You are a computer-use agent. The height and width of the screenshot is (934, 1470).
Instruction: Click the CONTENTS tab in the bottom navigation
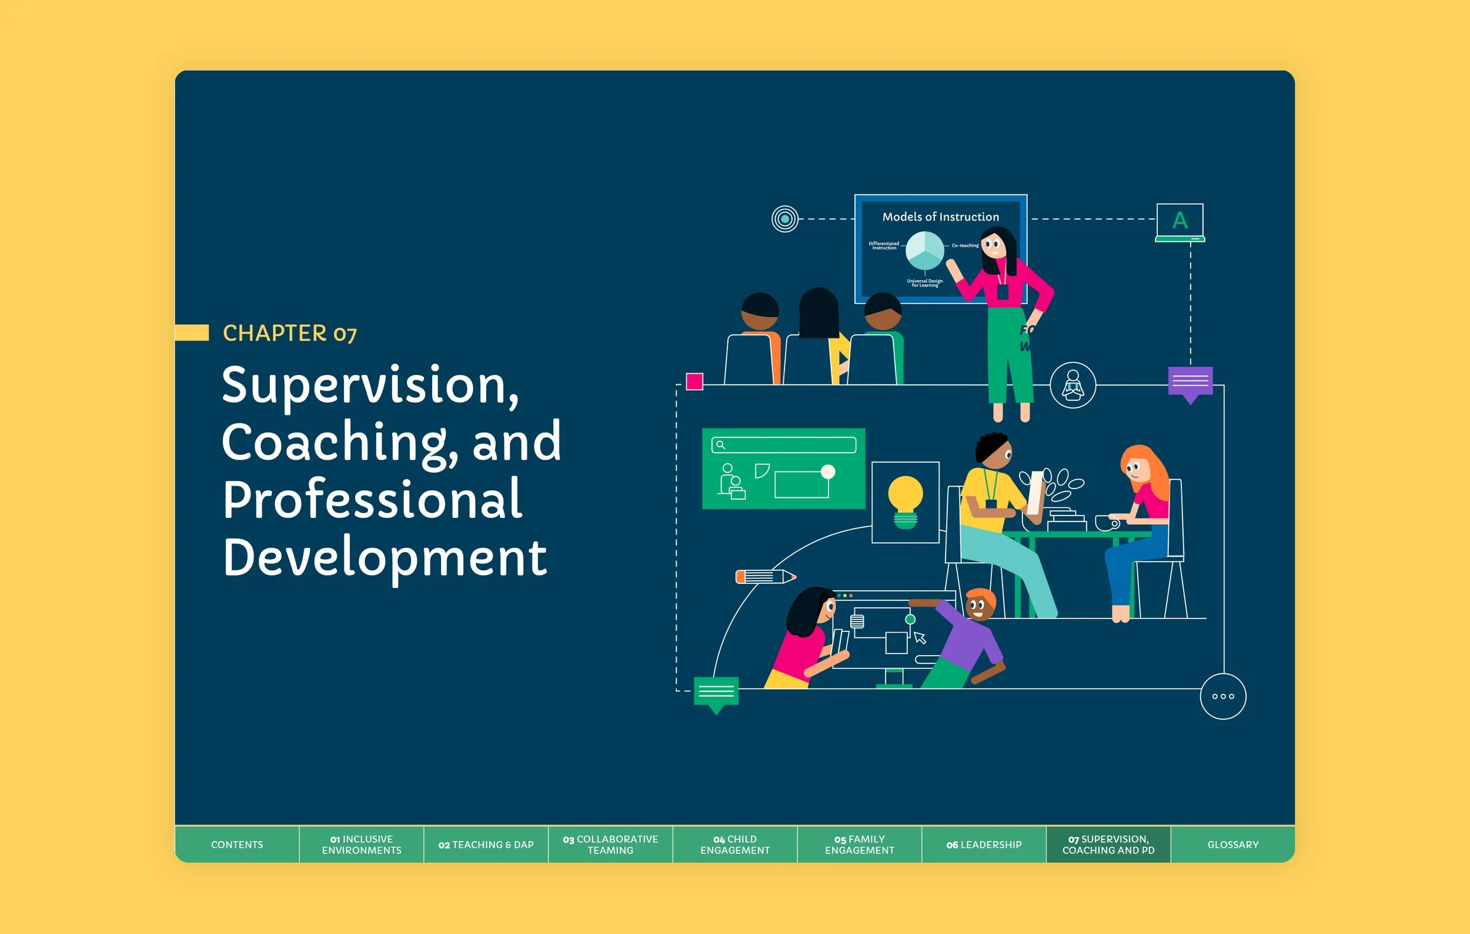pos(237,844)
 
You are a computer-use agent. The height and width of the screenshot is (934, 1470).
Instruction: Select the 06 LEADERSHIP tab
pos(984,844)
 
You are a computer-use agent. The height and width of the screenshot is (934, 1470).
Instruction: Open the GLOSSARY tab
pos(1232,844)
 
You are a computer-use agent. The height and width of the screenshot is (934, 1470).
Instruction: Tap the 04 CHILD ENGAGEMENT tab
pos(734,844)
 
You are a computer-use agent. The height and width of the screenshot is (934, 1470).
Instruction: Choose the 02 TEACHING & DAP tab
pos(486,844)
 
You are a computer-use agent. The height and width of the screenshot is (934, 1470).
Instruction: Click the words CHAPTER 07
pos(289,334)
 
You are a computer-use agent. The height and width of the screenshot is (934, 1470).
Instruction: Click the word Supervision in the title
pos(370,385)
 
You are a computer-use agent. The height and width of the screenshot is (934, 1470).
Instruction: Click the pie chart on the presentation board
pos(924,251)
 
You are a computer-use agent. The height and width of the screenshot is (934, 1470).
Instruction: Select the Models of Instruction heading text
pos(940,217)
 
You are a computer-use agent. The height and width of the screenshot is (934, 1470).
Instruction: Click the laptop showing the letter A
pos(1180,222)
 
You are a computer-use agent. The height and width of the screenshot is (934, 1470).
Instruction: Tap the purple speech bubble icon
pos(1190,383)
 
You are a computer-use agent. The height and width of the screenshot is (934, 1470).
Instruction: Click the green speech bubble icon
pos(716,693)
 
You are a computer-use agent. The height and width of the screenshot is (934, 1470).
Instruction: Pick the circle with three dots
pos(1223,696)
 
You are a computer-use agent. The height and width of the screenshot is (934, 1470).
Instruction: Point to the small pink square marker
pos(694,382)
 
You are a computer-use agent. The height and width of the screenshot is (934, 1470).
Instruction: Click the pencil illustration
pos(765,576)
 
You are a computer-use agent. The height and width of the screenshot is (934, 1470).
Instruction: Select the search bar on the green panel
pos(783,445)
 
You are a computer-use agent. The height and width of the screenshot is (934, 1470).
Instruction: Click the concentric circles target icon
pos(784,219)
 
